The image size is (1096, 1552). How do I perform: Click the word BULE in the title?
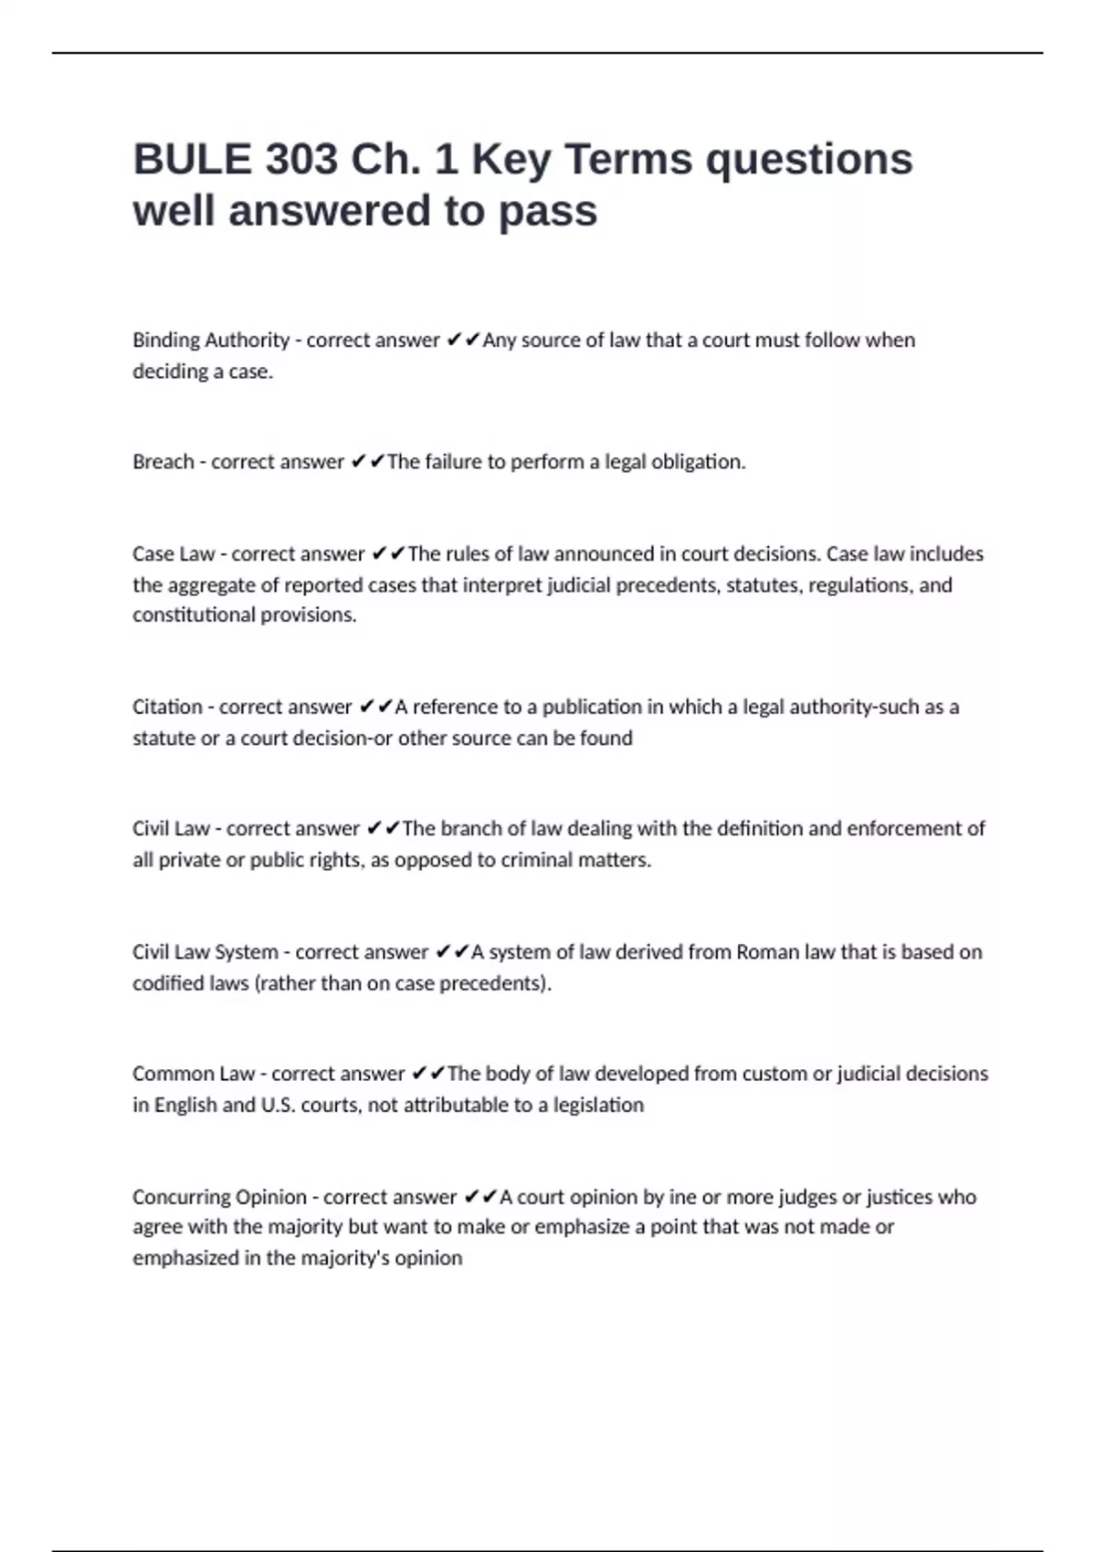click(192, 160)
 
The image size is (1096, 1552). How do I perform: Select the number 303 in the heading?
click(301, 160)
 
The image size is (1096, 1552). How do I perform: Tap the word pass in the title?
click(548, 212)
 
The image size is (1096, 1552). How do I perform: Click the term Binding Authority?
click(211, 341)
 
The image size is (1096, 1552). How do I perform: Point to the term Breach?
click(163, 462)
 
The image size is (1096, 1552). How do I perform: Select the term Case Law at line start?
click(173, 554)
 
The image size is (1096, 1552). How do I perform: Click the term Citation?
click(167, 708)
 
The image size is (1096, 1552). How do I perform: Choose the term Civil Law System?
click(205, 952)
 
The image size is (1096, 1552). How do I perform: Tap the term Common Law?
click(194, 1074)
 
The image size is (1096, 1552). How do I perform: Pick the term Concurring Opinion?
click(219, 1197)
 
